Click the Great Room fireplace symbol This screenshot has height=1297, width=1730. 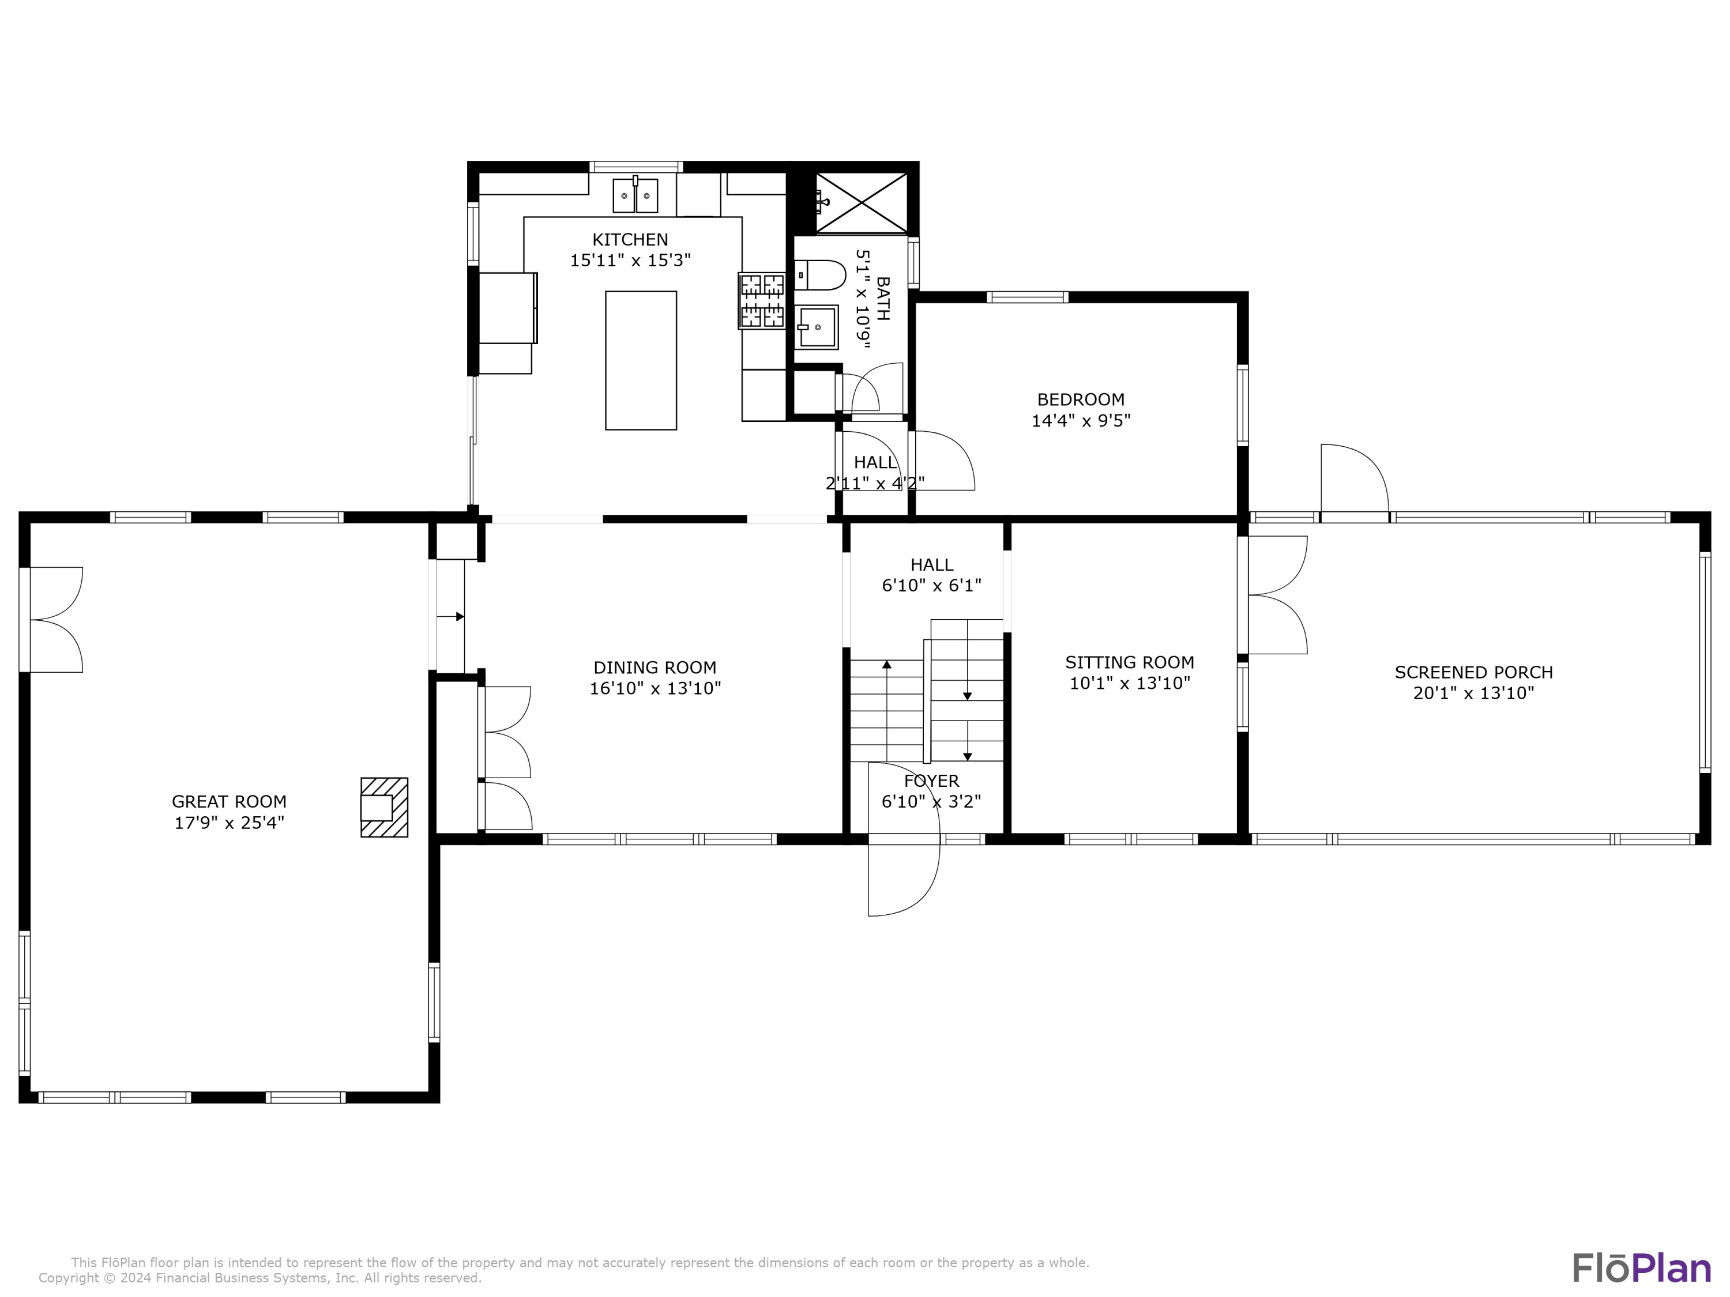coord(384,807)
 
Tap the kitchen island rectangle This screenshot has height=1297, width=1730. coord(641,360)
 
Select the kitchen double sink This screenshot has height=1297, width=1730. coord(635,195)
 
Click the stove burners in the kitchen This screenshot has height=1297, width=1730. coord(762,301)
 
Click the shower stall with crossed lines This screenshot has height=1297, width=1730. coord(861,202)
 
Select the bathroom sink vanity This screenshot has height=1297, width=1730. coord(817,327)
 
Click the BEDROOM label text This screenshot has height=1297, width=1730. coord(1080,399)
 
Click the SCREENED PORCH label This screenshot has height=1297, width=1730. coord(1473,672)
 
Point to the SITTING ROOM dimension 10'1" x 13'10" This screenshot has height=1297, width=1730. coord(1129,683)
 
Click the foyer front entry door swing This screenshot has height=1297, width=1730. coord(903,877)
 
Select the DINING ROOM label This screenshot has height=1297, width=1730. coord(655,668)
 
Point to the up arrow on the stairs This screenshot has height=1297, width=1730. coord(887,665)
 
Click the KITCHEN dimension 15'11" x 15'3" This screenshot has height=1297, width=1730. coord(630,261)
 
